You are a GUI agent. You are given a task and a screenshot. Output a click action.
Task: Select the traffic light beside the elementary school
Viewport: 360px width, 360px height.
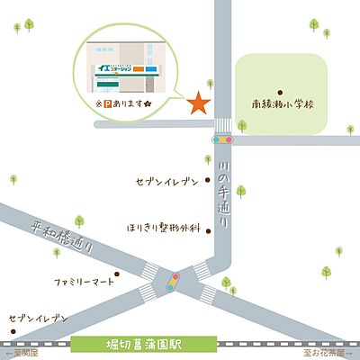(x=221, y=139)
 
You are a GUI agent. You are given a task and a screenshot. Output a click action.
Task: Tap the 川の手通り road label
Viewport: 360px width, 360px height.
(x=222, y=193)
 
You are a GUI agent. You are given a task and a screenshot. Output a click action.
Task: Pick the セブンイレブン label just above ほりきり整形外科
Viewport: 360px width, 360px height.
(x=166, y=183)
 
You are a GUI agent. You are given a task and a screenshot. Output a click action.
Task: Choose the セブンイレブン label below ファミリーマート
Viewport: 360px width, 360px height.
(x=39, y=319)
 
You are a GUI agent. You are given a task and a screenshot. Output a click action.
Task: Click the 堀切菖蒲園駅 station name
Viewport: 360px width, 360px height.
(x=144, y=344)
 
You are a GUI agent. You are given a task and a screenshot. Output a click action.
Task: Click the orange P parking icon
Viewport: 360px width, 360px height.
(x=112, y=104)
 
